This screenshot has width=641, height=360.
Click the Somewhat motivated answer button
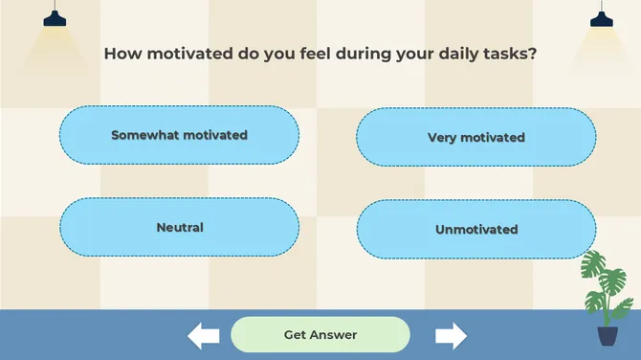[179, 135]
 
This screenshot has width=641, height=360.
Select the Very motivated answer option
[475, 137]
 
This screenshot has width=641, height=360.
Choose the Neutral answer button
[179, 227]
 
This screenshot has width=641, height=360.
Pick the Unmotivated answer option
[475, 229]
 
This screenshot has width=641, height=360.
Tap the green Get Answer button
[320, 334]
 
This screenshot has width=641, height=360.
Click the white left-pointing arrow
[203, 335]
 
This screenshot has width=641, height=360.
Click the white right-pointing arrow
[451, 335]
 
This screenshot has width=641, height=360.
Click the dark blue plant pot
[608, 335]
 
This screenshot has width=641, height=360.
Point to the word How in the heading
[122, 54]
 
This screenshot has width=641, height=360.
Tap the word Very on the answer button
[443, 137]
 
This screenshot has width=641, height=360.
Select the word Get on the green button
[297, 334]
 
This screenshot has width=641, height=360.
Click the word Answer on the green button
[334, 334]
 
